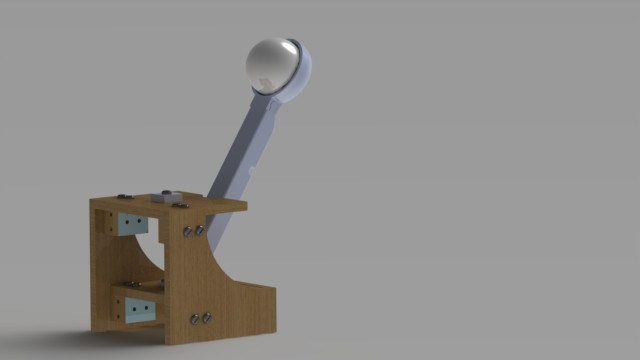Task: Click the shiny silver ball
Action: pos(271,63)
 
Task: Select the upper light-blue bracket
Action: pos(132,224)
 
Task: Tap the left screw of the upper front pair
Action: pos(187,232)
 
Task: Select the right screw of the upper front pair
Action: pos(200,230)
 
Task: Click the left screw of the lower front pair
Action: pos(194,320)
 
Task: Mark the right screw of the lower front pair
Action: pos(207,319)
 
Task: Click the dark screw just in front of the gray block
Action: pos(182,204)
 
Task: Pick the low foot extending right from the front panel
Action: pos(255,306)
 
